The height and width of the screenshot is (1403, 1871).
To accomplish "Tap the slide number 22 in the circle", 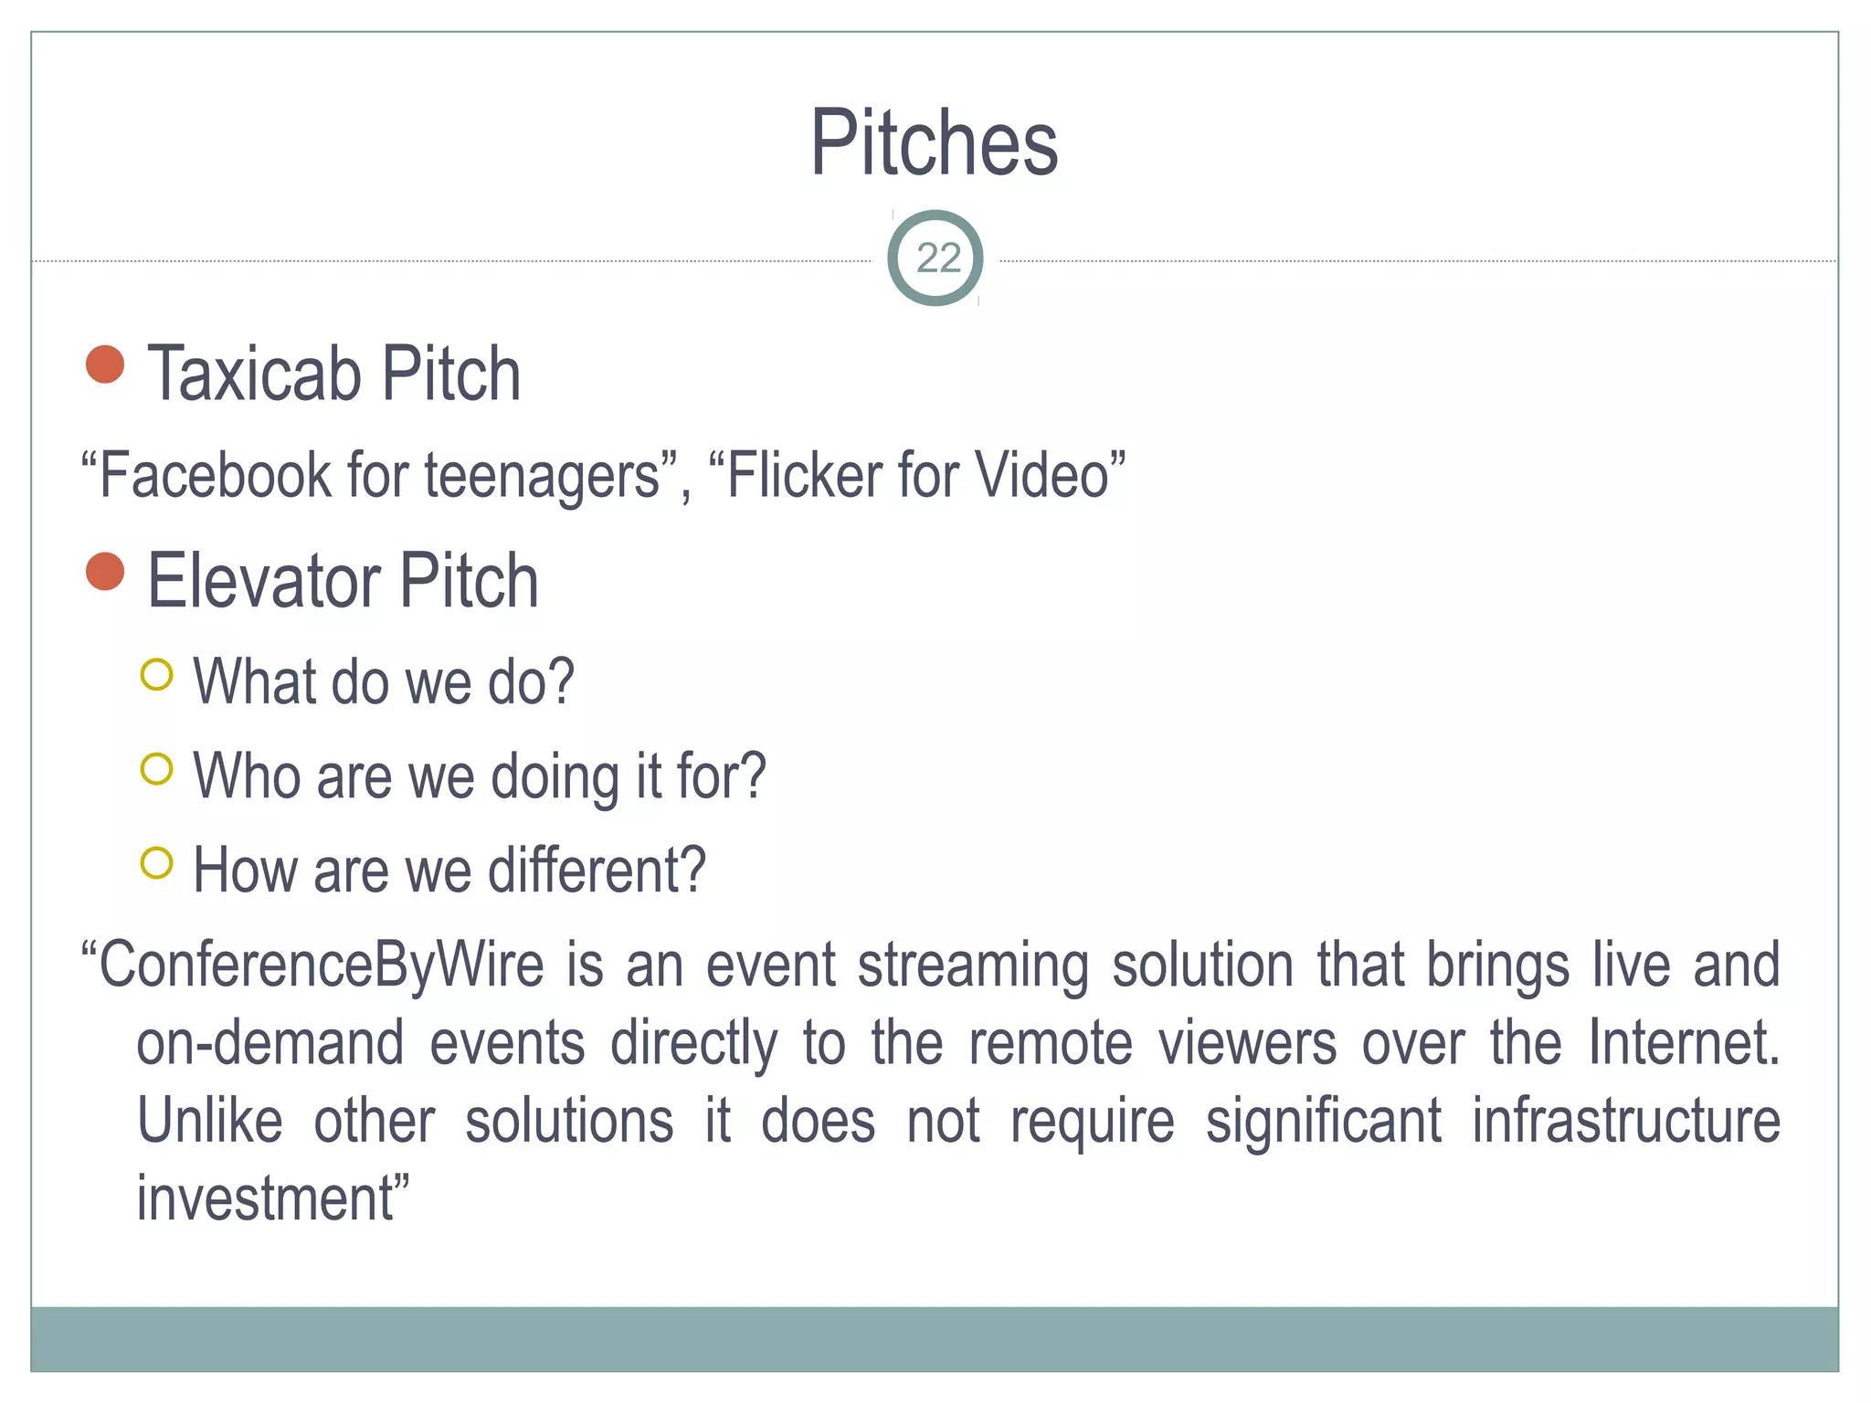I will point(937,258).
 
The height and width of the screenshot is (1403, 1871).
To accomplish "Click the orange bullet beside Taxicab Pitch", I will point(105,364).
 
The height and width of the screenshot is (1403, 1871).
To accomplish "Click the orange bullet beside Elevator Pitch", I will point(105,572).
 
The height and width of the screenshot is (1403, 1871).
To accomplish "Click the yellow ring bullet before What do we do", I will point(157,675).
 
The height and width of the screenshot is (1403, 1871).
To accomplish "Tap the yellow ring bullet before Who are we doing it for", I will point(157,769).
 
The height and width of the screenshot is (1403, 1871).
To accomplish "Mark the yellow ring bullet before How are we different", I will point(157,863).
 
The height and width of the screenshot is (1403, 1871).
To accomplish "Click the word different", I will point(597,870).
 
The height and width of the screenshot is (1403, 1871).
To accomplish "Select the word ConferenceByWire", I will point(321,965).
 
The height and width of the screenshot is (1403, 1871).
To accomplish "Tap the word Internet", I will point(1683,1043).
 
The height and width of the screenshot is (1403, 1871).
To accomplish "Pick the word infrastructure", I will point(1626,1122).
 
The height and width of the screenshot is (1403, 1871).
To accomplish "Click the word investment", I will point(266,1199).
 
